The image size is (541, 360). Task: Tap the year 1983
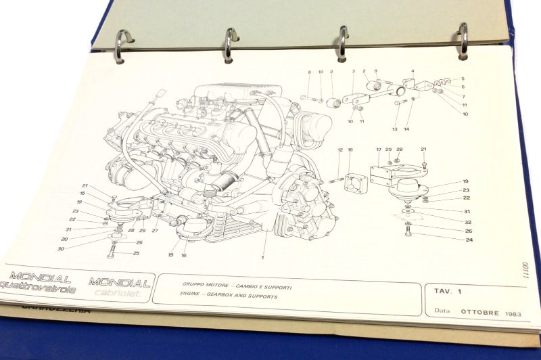(x=511, y=315)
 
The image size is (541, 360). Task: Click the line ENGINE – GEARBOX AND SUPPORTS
(x=220, y=297)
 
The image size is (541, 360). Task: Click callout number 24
(x=468, y=240)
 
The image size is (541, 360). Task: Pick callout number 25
(x=136, y=253)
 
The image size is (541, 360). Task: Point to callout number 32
(x=467, y=221)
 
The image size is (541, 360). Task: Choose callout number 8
(x=310, y=72)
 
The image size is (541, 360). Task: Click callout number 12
(x=340, y=150)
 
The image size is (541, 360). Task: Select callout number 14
(x=406, y=128)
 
